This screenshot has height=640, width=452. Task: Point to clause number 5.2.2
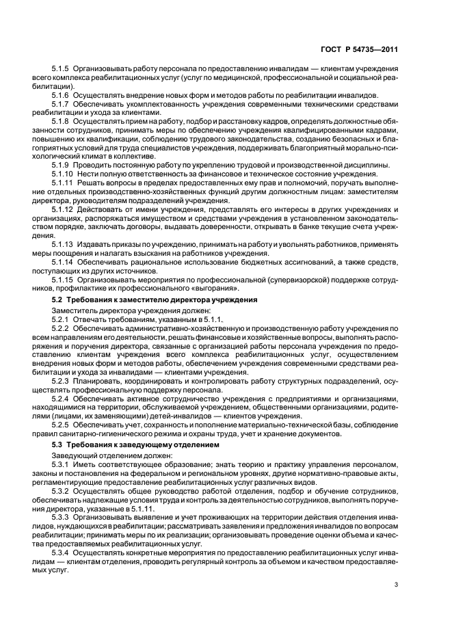[x=61, y=328]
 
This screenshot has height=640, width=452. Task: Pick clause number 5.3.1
[x=61, y=464]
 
